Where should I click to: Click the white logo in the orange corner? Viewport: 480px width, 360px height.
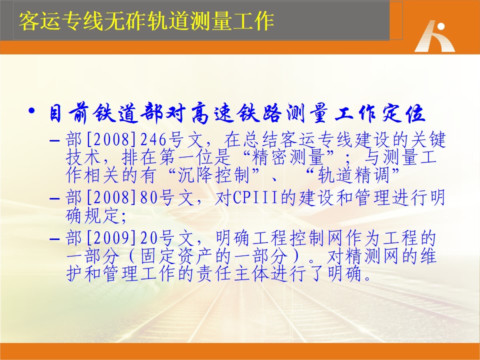pos(434,36)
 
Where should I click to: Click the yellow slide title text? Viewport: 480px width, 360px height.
pos(146,21)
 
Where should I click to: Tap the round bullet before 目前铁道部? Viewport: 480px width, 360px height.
pos(31,111)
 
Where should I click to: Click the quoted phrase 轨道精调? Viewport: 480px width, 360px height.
pos(353,175)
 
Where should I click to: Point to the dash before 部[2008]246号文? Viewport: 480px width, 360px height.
pos(54,141)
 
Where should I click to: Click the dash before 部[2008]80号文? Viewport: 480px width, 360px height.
pos(54,198)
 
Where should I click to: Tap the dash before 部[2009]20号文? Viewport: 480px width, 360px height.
pos(54,239)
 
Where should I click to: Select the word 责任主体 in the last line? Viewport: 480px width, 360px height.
pos(232,273)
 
